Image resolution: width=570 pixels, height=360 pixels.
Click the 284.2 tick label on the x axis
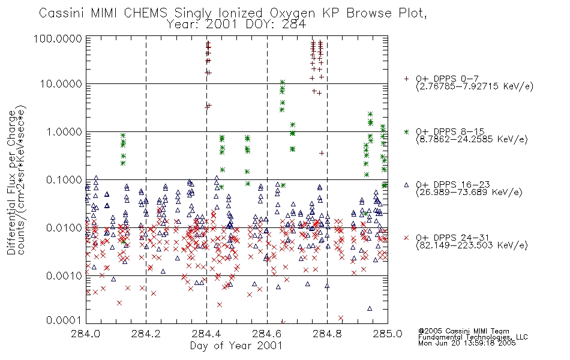tap(146, 334)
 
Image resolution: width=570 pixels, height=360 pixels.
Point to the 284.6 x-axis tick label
tap(267, 334)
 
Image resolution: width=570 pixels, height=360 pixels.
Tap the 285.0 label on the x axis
tap(388, 334)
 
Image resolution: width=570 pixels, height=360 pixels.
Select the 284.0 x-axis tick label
tap(85, 334)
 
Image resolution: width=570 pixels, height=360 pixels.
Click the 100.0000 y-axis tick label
tap(58, 38)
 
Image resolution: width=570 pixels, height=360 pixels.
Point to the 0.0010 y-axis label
tap(64, 275)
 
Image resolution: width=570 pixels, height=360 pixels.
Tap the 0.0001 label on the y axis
tap(64, 320)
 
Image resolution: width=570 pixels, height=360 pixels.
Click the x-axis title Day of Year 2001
tap(236, 346)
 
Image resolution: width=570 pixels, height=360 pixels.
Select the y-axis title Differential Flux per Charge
tap(11, 182)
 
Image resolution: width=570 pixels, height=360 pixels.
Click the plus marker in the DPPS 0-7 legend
tap(406, 79)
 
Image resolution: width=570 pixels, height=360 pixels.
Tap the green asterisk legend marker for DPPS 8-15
tap(406, 131)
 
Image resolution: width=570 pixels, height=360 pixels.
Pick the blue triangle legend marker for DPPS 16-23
tap(406, 185)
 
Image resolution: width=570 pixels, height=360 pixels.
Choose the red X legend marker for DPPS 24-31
tap(406, 238)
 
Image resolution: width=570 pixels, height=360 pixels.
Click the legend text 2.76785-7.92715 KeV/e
tap(475, 86)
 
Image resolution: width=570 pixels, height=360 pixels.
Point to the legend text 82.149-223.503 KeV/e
tap(472, 245)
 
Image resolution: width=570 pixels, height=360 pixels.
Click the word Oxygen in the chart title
tap(292, 13)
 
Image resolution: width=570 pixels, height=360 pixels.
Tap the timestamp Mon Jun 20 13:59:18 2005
tap(467, 343)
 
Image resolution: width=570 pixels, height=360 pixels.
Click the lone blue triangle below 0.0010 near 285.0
tap(370, 308)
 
